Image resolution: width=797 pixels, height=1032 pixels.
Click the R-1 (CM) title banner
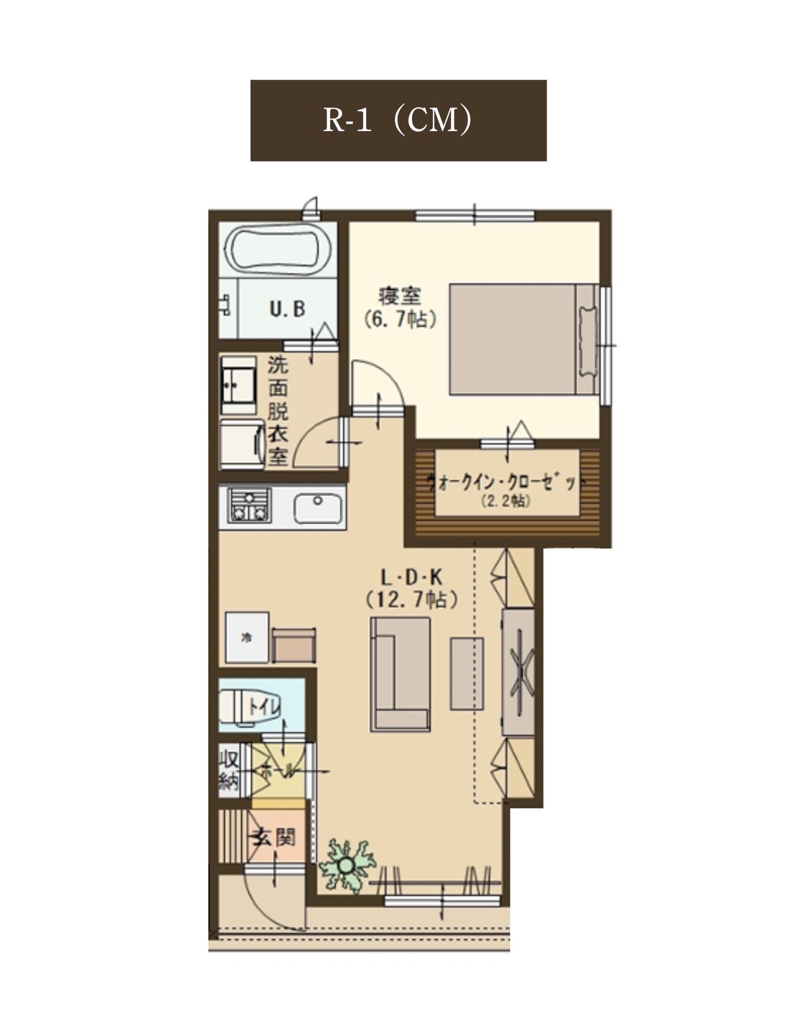pyautogui.click(x=398, y=120)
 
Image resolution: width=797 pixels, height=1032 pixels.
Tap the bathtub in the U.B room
pyautogui.click(x=277, y=250)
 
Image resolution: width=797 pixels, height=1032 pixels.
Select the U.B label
pyautogui.click(x=287, y=309)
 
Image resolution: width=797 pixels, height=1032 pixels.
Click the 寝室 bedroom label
pyautogui.click(x=400, y=296)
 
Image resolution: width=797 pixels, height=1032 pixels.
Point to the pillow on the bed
pyautogui.click(x=587, y=341)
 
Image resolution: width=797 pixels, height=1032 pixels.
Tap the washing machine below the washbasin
pyautogui.click(x=241, y=444)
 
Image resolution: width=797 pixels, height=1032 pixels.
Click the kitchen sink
pyautogui.click(x=317, y=508)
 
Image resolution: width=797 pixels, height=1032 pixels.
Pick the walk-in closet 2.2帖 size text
pyautogui.click(x=506, y=501)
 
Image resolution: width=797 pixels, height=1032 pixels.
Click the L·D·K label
pyautogui.click(x=411, y=578)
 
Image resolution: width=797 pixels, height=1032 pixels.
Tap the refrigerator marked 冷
pyautogui.click(x=247, y=637)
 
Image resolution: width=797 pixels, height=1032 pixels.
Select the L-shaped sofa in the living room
pyautogui.click(x=400, y=674)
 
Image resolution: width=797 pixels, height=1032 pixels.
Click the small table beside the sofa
pyautogui.click(x=466, y=673)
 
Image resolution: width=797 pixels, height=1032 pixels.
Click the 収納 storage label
pyautogui.click(x=229, y=770)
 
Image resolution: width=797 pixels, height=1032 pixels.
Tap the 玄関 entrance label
pyautogui.click(x=275, y=837)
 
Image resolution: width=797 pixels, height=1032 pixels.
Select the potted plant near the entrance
pyautogui.click(x=346, y=865)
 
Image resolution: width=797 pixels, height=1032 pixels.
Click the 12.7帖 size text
pyautogui.click(x=412, y=599)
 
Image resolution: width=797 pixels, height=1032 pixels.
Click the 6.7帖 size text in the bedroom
pyautogui.click(x=400, y=320)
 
